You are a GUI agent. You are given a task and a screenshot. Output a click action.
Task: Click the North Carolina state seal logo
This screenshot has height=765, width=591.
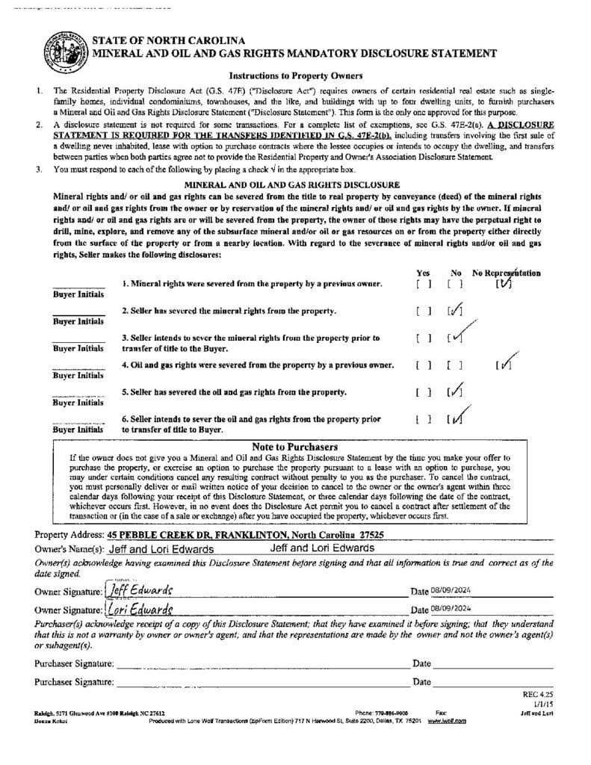click(67, 51)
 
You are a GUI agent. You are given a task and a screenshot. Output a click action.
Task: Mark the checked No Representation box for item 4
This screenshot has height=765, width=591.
click(505, 365)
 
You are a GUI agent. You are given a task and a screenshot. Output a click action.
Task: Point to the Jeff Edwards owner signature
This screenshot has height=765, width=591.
click(141, 589)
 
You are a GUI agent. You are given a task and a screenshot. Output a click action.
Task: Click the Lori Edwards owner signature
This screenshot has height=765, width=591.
click(140, 609)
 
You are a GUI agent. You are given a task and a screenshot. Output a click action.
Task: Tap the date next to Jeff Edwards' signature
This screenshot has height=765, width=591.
click(451, 590)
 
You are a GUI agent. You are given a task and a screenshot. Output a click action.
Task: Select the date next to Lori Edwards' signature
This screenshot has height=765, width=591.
click(451, 609)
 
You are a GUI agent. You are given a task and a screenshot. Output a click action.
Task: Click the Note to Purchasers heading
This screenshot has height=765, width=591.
click(294, 447)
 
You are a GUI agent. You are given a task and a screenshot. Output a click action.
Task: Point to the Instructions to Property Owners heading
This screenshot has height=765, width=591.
click(295, 75)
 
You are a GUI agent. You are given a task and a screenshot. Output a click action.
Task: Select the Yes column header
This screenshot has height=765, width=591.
click(423, 273)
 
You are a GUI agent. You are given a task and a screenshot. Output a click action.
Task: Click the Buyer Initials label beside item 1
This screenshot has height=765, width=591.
click(78, 295)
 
